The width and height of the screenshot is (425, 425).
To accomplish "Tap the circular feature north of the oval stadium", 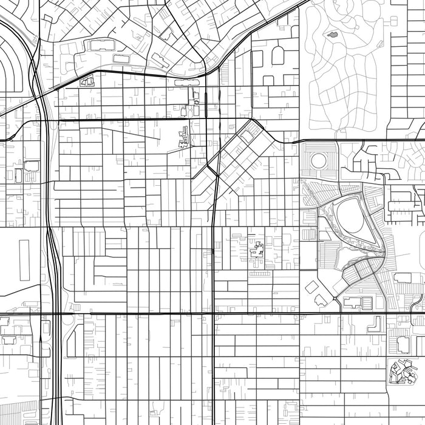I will [x=318, y=161].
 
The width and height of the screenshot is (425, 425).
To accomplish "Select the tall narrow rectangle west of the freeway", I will [x=24, y=260].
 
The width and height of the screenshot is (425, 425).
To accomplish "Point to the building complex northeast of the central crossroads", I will [x=257, y=250].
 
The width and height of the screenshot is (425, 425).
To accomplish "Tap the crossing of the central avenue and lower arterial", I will [x=212, y=314].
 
